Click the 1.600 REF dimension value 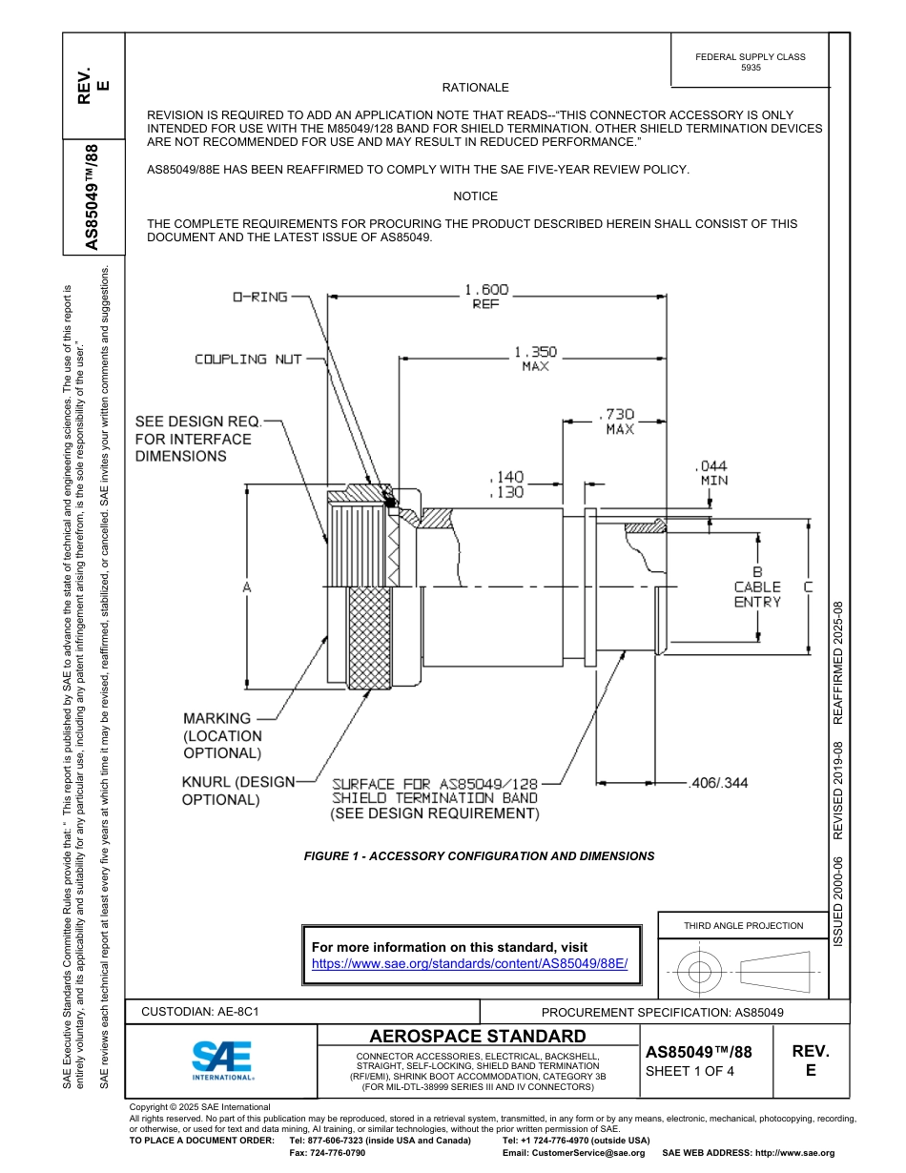(486, 297)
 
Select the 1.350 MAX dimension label (535, 359)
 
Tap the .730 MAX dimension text (619, 422)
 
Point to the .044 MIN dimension (713, 473)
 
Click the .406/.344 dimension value (718, 783)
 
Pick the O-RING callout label (260, 297)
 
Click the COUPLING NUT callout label (248, 360)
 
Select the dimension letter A (246, 588)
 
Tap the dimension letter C (808, 587)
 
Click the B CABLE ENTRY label (757, 587)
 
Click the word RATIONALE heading (475, 88)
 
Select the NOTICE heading (475, 196)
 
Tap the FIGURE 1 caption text (479, 856)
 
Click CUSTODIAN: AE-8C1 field (200, 1013)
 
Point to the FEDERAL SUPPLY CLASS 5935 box (750, 62)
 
